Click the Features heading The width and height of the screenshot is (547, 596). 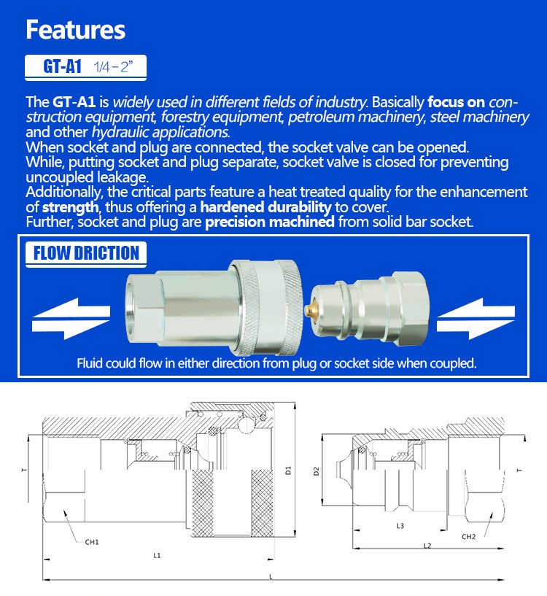point(76,30)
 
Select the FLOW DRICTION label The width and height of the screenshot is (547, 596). point(87,253)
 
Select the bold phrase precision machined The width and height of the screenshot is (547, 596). point(269,221)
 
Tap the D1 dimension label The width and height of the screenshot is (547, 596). point(289,471)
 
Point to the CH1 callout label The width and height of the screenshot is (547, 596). point(92,542)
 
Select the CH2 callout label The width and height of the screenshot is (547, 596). point(469,537)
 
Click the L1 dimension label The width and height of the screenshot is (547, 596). point(157,556)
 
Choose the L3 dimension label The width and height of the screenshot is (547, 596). point(400,525)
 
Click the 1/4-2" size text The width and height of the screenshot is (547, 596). point(113,68)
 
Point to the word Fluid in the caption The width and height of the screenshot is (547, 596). point(90,363)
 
